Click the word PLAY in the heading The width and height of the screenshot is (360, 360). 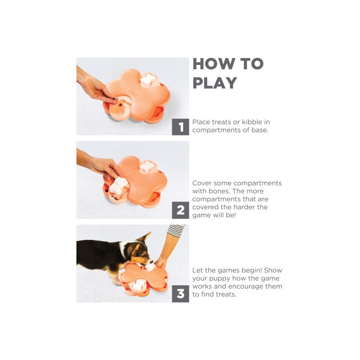pyautogui.click(x=215, y=83)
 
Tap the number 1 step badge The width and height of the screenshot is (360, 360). pyautogui.click(x=180, y=127)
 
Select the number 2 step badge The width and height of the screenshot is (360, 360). pyautogui.click(x=180, y=210)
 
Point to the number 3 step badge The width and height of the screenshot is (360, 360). pyautogui.click(x=180, y=294)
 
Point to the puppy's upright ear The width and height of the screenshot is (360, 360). pyautogui.click(x=146, y=237)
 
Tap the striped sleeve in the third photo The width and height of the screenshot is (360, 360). pyautogui.click(x=176, y=230)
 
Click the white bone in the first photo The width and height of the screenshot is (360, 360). pyautogui.click(x=148, y=80)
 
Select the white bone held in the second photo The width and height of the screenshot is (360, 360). pyautogui.click(x=118, y=185)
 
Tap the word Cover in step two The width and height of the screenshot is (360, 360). pyautogui.click(x=201, y=183)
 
